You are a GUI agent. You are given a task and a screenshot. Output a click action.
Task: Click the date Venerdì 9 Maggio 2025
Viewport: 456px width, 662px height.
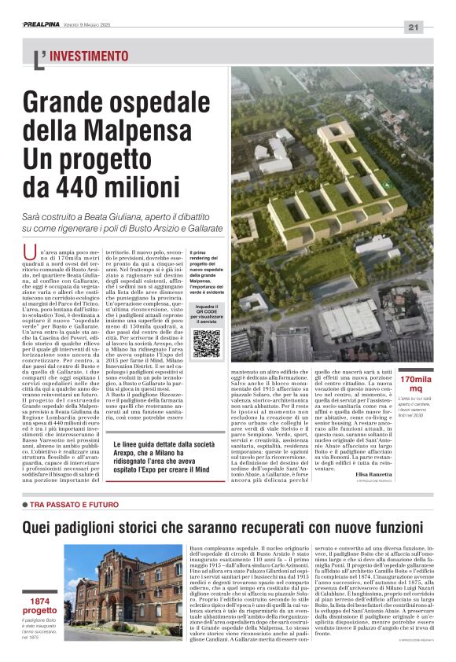[97, 25]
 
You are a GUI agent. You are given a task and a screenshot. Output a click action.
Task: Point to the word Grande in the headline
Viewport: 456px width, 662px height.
[68, 102]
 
